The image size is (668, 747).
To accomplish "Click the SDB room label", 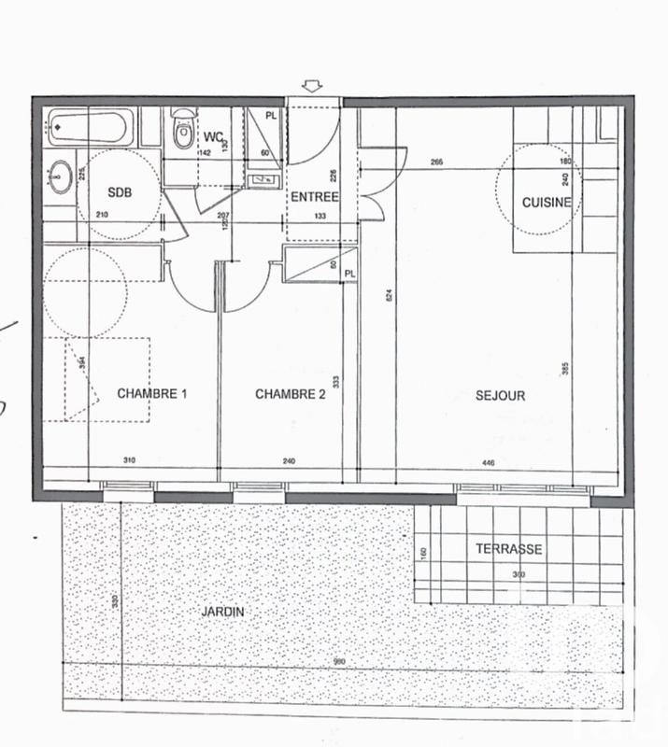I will tap(120, 192).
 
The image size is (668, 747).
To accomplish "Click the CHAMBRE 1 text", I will tap(151, 394).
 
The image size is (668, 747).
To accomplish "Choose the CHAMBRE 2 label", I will tap(290, 394).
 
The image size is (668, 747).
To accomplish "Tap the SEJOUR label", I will tap(501, 395).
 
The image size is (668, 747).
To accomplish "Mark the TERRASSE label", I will tap(508, 549).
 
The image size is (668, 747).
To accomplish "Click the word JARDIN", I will tap(222, 612).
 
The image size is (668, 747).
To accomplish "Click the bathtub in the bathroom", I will tap(91, 125).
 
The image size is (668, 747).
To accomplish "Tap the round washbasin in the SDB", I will tap(62, 175).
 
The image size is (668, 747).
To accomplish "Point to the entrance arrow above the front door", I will tap(312, 87).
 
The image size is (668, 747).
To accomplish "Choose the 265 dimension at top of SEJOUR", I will tap(437, 163).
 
